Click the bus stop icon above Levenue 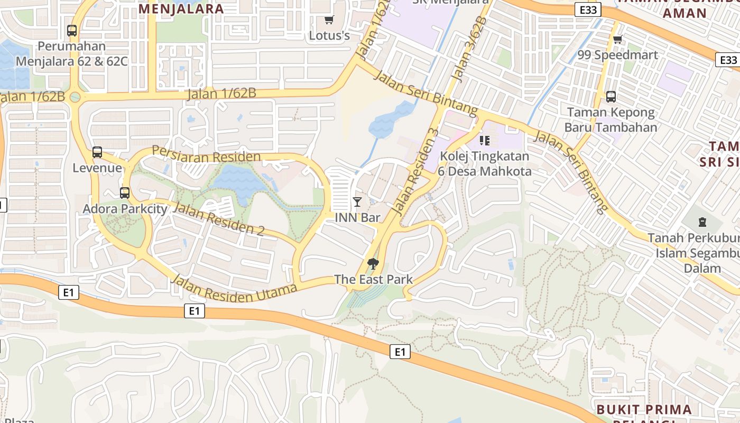97,152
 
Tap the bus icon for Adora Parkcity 125,193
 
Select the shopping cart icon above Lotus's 329,20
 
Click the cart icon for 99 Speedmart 617,39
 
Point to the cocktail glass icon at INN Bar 357,201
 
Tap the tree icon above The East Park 373,263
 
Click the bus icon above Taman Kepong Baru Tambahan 611,97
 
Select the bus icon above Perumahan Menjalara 72,31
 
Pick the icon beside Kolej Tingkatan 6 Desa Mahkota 485,141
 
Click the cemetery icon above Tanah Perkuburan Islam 702,222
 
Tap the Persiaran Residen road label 206,154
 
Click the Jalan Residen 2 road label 218,219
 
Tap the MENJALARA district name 181,8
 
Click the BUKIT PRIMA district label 644,410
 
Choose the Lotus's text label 329,36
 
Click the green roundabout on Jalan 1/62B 75,97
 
